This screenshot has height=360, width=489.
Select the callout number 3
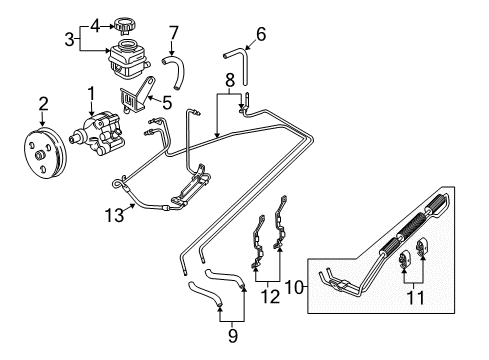pyautogui.click(x=69, y=40)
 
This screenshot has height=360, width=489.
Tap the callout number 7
pyautogui.click(x=172, y=32)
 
